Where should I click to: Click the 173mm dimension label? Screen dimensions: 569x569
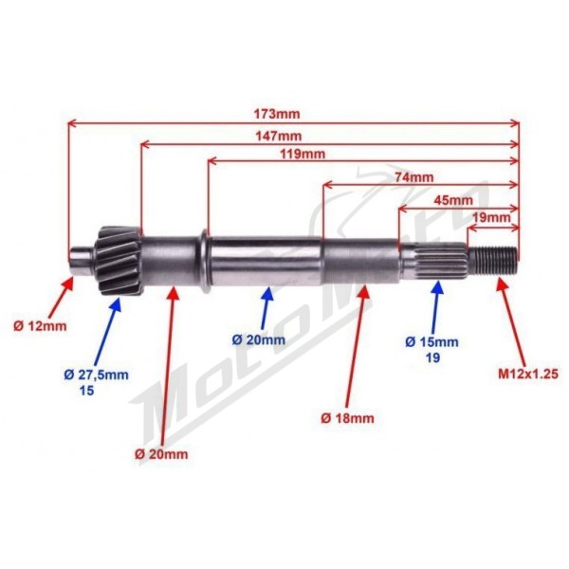(x=277, y=115)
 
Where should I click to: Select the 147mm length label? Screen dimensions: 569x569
(x=278, y=137)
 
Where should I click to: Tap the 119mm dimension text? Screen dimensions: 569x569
(x=303, y=155)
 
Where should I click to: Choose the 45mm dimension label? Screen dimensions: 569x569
(x=453, y=200)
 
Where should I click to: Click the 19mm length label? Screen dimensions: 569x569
(x=491, y=218)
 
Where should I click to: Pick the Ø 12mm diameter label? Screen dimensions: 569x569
(x=40, y=326)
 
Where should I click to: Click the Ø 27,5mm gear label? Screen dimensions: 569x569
(x=96, y=375)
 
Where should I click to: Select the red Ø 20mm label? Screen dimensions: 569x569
(x=161, y=454)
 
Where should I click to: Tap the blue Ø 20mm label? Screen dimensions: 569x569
(x=259, y=340)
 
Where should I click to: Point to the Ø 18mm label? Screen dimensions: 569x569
(x=347, y=418)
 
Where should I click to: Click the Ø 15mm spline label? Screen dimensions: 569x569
(x=431, y=341)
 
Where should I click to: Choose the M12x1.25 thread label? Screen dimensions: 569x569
(x=528, y=375)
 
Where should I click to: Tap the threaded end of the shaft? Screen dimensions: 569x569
(x=493, y=260)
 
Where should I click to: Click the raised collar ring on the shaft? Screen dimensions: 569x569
(x=204, y=261)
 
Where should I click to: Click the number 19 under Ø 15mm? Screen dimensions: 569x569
(x=433, y=358)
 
